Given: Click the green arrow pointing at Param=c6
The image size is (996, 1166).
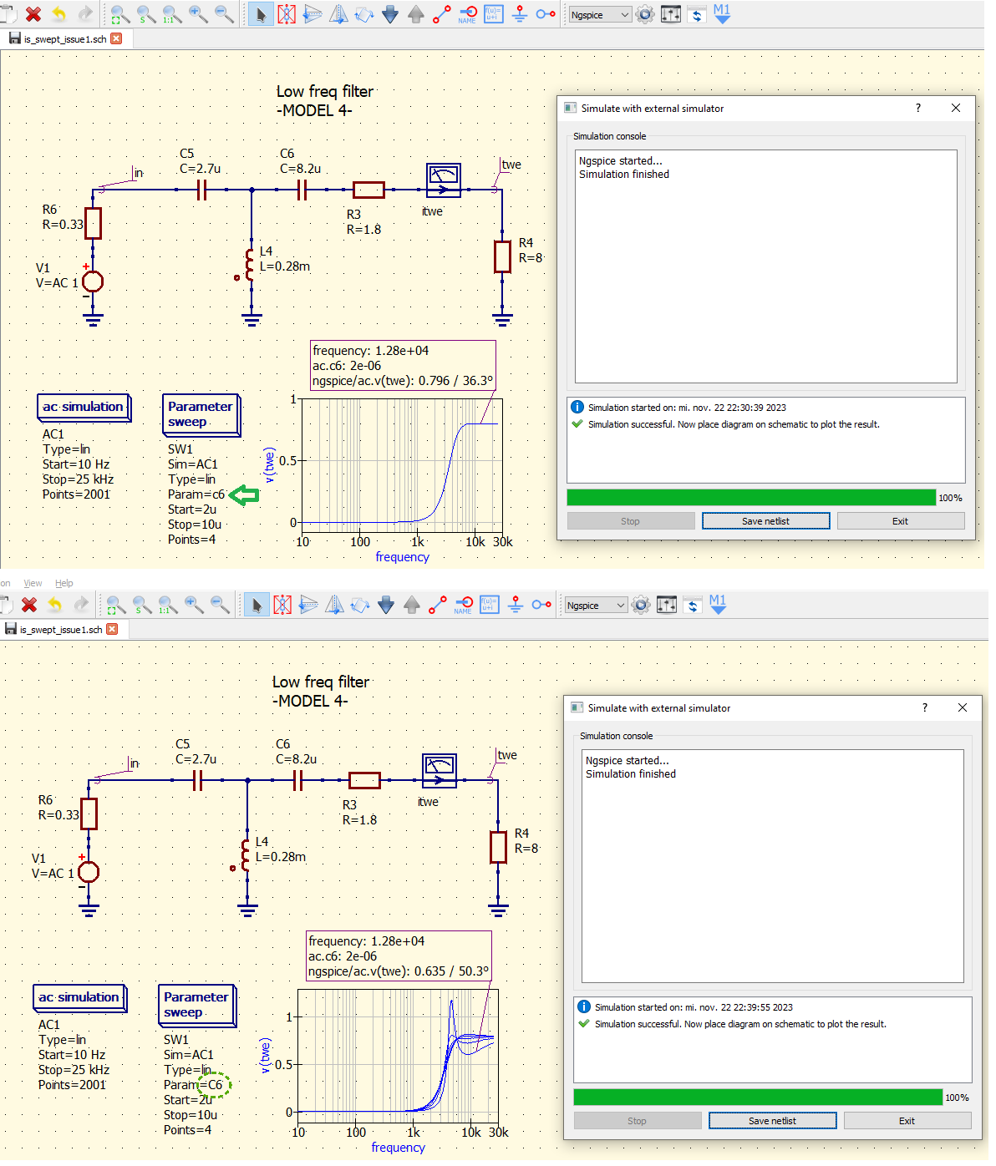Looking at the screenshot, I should point(244,495).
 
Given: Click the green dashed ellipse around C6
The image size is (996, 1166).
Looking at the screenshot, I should point(215,1085).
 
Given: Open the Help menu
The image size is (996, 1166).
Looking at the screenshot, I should point(64,583).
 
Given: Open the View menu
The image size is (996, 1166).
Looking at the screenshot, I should point(33,583).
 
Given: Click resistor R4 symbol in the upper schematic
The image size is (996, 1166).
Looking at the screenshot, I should point(502,257).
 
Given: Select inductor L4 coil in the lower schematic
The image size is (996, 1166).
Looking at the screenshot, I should point(246,855).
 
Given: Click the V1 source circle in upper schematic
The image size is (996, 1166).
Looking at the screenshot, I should point(93,281).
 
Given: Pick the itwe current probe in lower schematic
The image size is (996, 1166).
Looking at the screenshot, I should point(440,770).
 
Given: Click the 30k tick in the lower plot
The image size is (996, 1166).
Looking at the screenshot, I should point(498,1133).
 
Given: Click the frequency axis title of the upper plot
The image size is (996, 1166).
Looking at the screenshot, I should point(402,557).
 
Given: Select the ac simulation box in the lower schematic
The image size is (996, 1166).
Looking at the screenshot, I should point(79,997).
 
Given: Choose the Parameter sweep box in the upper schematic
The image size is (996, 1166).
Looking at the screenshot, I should point(201,414).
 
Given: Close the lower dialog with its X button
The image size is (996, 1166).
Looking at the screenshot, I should point(963,707).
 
